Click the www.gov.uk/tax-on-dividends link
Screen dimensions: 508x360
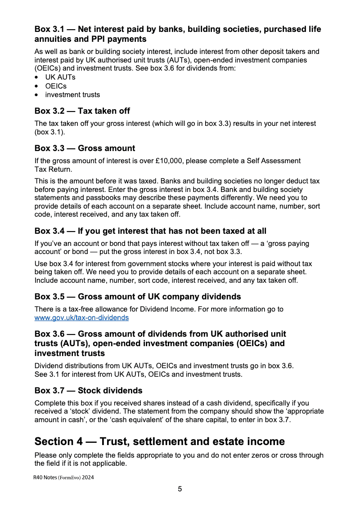pos(81,318)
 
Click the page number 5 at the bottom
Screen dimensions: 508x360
pos(180,489)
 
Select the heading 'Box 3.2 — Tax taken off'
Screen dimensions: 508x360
pos(82,111)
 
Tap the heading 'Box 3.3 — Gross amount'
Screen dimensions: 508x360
pos(85,148)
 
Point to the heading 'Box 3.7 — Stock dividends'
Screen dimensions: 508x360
pos(88,391)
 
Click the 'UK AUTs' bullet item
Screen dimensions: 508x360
pos(60,77)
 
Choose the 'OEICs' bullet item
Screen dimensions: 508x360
pos(56,86)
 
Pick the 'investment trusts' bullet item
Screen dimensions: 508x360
pos(72,95)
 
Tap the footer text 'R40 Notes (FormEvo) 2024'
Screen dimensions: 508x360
pos(63,478)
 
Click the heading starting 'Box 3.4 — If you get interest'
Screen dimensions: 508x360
pos(150,231)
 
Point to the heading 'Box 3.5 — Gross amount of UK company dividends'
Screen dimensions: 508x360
pos(138,297)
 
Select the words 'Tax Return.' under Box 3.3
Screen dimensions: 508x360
pos(52,169)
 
